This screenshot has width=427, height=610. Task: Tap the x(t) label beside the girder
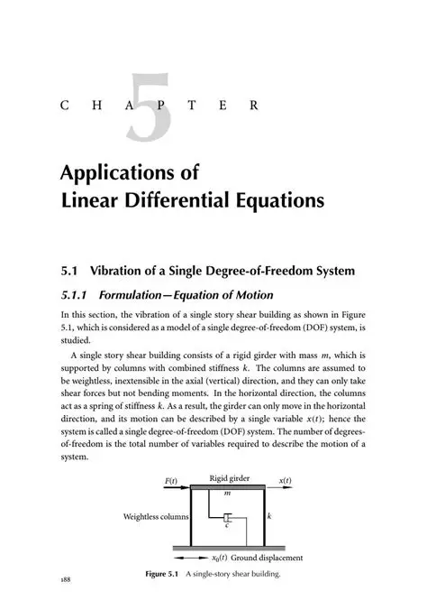coord(284,481)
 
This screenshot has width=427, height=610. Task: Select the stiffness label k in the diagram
coord(270,517)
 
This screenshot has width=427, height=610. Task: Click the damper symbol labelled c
coord(228,519)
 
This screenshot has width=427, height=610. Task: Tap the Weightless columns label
coord(155,517)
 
